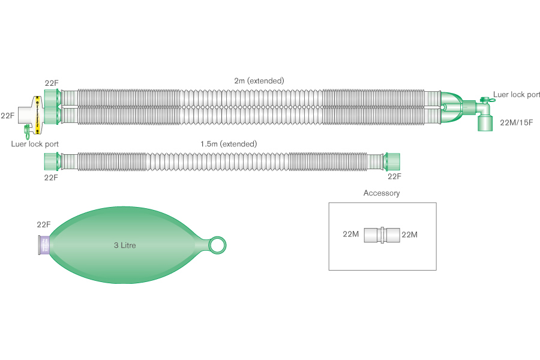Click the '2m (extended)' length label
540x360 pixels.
(x=259, y=80)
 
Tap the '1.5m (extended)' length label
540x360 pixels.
(x=229, y=144)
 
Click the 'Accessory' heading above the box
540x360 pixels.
(x=381, y=193)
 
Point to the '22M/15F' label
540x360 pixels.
(x=516, y=122)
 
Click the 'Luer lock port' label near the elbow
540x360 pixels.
(x=517, y=95)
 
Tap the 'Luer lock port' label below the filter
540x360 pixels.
(x=35, y=144)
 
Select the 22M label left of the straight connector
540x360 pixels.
(x=351, y=235)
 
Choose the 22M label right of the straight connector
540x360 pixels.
(x=409, y=235)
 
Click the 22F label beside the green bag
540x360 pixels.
(x=44, y=225)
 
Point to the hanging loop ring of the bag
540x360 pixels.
(x=217, y=244)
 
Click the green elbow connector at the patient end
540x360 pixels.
(x=484, y=114)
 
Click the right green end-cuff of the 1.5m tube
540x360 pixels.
(x=394, y=161)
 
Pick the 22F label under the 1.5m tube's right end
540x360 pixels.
(x=394, y=176)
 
